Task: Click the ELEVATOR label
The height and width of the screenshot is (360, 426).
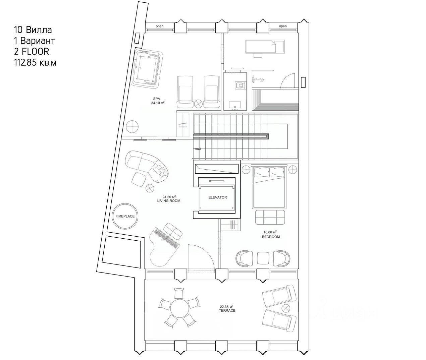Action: point(217,197)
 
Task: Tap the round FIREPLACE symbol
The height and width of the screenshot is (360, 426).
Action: point(125,216)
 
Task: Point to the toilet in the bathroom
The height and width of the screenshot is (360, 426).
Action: point(239,85)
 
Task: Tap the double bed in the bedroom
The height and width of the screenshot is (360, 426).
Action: point(270,188)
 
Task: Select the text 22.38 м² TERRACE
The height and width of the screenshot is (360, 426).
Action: point(227,308)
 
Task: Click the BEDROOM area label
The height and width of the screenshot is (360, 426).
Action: point(271,234)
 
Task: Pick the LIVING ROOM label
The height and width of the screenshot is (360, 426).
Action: point(169,199)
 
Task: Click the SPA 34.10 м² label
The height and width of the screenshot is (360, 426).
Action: point(157,101)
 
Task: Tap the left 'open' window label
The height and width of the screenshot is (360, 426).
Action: point(160,26)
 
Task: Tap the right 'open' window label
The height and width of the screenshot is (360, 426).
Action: point(283,26)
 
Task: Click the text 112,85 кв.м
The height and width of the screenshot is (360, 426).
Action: point(35,63)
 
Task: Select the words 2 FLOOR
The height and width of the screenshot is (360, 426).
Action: point(31,52)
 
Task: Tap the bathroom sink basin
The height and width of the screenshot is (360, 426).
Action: point(235,105)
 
